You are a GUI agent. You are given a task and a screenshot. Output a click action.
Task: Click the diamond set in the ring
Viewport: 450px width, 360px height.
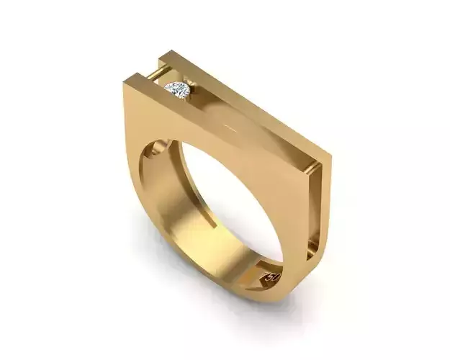177,90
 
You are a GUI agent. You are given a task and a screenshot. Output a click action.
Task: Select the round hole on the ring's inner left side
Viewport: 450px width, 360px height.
152,153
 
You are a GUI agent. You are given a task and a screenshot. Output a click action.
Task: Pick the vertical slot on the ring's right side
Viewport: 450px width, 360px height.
315,209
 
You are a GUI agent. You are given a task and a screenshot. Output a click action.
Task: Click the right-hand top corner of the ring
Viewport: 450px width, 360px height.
330,154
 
